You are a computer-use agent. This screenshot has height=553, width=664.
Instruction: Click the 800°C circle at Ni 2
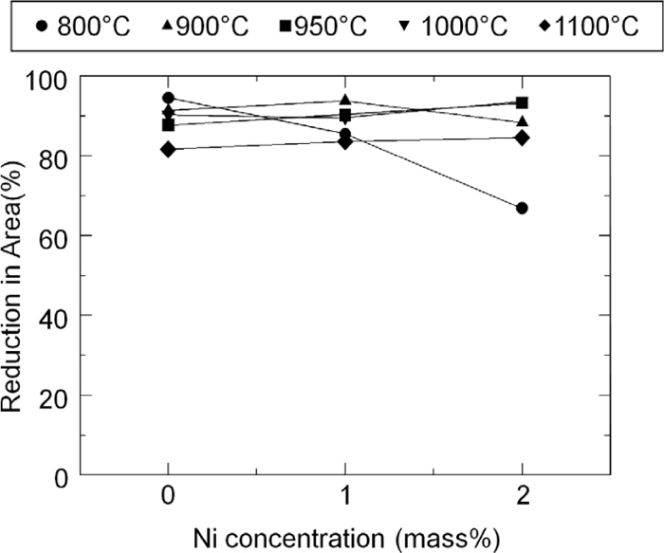[522, 208]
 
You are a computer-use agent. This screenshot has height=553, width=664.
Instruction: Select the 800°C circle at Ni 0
[168, 98]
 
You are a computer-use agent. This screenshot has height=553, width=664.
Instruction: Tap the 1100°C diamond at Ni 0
[168, 149]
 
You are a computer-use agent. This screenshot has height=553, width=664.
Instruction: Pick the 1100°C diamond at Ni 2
[522, 138]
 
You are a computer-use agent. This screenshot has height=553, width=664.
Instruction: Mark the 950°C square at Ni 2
[522, 102]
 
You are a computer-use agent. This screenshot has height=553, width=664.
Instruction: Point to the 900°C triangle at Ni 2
[522, 121]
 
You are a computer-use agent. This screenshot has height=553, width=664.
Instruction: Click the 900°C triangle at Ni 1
[344, 101]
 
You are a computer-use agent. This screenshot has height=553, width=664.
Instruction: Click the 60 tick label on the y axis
[56, 235]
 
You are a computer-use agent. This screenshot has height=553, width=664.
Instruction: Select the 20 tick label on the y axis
[56, 395]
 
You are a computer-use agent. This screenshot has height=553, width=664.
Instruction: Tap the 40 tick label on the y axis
[56, 315]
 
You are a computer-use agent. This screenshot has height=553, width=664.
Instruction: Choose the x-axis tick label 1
[344, 496]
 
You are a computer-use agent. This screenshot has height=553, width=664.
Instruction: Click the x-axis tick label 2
[522, 496]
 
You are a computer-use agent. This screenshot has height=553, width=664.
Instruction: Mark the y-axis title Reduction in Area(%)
[13, 274]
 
